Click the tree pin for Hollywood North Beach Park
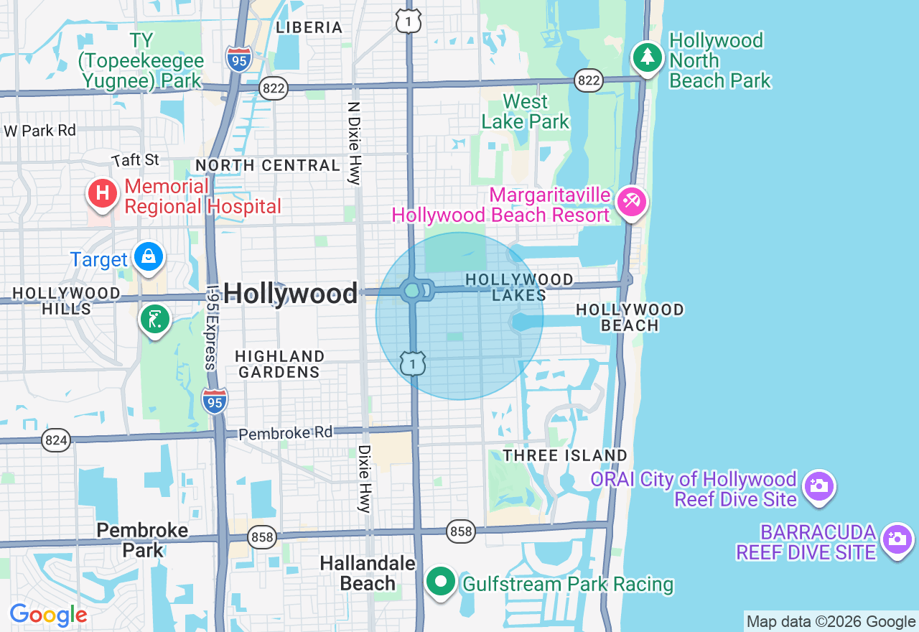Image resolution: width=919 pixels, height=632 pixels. point(648,57)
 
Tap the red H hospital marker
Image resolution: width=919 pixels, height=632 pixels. point(103,193)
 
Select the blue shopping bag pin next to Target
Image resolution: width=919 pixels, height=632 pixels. point(149,256)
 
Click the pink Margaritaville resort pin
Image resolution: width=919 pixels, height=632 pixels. point(632,201)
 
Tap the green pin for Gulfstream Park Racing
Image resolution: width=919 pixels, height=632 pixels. point(441,582)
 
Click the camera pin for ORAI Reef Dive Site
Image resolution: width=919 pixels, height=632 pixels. point(817,486)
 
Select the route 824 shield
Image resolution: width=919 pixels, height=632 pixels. point(56,440)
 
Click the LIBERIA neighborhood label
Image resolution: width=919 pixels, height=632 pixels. point(309,27)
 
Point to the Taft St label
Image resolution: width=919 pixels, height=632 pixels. point(135,159)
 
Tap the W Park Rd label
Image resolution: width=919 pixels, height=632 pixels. point(40,131)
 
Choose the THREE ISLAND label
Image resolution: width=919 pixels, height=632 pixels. point(565,455)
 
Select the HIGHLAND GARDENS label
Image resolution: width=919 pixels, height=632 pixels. point(279,364)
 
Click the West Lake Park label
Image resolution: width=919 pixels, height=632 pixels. point(525,111)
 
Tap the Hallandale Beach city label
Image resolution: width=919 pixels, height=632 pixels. point(368,573)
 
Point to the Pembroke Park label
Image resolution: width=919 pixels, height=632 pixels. point(142,540)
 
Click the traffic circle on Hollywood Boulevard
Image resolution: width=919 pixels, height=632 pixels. point(412,291)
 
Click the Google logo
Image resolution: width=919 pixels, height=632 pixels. point(48,615)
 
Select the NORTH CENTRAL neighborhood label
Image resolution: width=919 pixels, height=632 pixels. point(268,165)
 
